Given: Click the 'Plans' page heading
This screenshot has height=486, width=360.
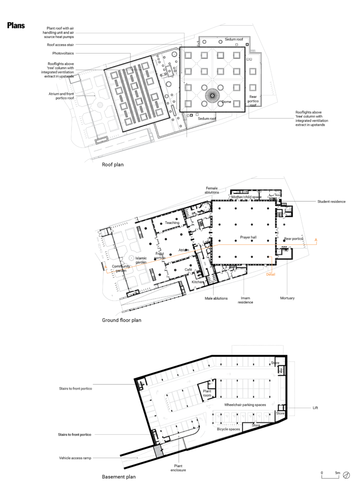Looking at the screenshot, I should (x=15, y=26).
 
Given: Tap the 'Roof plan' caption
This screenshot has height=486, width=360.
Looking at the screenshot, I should (x=113, y=165).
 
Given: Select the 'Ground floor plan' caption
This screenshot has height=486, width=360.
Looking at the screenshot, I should (x=122, y=320).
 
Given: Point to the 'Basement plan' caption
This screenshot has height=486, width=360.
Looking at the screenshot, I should (x=119, y=477).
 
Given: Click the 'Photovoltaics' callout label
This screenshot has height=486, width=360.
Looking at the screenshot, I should (x=63, y=53).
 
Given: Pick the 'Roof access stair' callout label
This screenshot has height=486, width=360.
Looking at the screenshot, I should (x=60, y=45).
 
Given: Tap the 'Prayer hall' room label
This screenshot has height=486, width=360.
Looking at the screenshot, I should (x=248, y=237).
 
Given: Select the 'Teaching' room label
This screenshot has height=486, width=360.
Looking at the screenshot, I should (x=172, y=223).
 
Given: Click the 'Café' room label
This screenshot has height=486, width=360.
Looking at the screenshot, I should (x=188, y=269).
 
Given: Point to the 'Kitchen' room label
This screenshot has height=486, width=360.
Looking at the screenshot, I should (x=197, y=281).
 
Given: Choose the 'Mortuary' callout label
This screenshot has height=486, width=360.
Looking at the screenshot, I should (x=287, y=298).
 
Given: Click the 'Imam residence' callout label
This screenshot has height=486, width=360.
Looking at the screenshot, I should (x=245, y=300).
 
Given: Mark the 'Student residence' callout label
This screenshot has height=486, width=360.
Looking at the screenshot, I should (x=331, y=201).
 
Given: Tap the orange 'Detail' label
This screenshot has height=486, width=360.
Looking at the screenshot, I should (x=270, y=274).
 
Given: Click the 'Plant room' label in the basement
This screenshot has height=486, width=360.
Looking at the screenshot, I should (x=207, y=393).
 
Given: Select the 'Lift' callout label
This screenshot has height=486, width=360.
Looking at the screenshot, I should (x=315, y=408).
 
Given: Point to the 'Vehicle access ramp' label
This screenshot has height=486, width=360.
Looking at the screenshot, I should (x=75, y=458).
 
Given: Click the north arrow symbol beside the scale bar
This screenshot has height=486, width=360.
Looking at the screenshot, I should (x=347, y=475).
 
